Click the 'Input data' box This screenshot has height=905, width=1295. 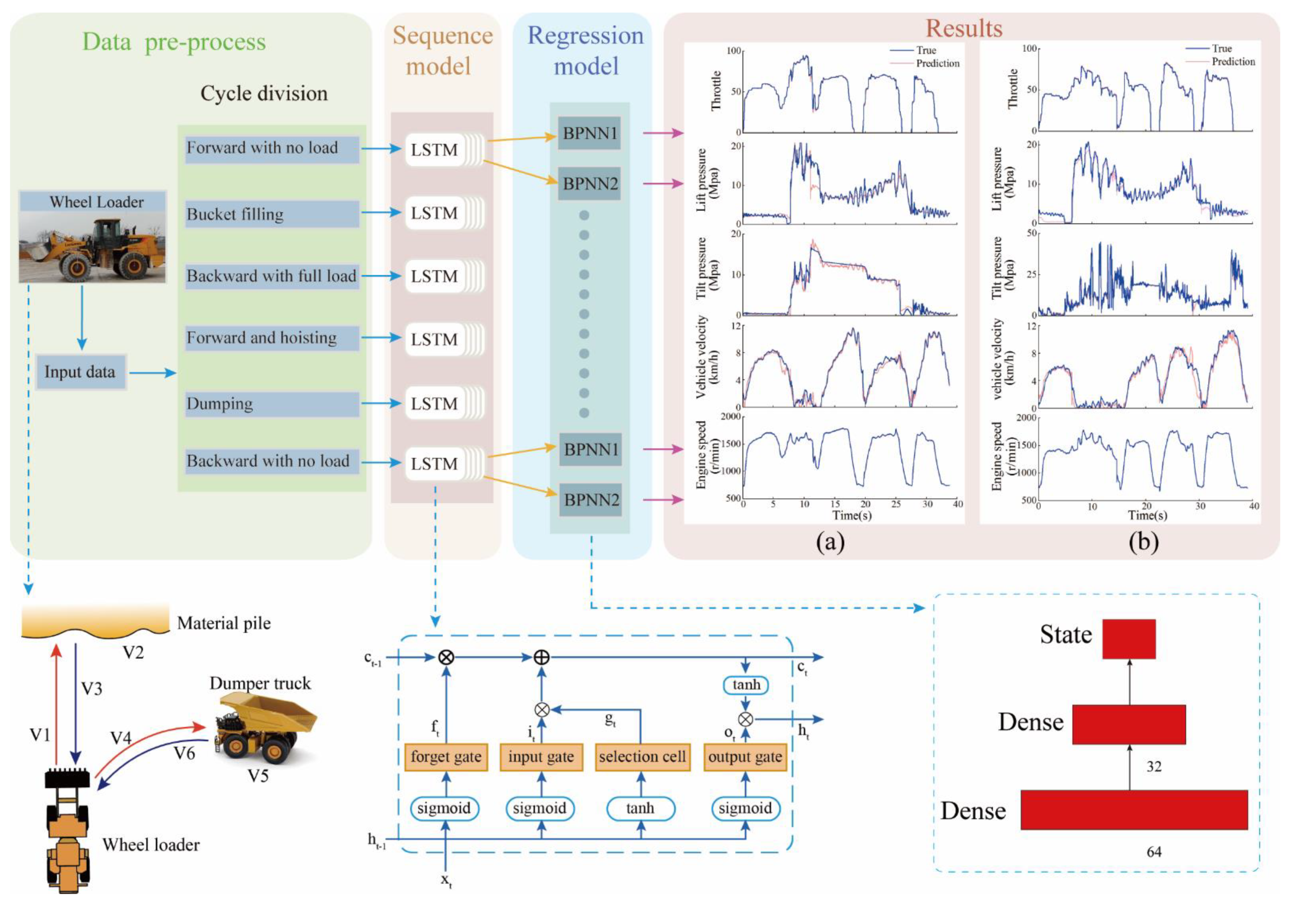click(x=80, y=372)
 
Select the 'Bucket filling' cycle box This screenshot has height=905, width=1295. click(x=272, y=214)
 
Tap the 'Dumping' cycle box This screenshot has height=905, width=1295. click(x=272, y=404)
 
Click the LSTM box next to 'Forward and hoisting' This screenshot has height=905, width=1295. click(x=434, y=339)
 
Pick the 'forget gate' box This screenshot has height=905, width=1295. click(x=445, y=757)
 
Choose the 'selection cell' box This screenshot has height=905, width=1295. click(x=642, y=757)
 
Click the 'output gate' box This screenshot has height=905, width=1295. click(x=745, y=757)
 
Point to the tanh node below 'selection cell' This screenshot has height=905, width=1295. click(x=640, y=808)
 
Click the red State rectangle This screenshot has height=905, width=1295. click(x=1129, y=639)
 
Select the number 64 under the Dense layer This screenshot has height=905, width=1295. click(x=1153, y=852)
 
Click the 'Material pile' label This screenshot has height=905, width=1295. click(x=224, y=623)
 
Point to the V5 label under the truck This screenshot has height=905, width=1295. click(x=258, y=776)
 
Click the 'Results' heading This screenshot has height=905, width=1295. click(x=964, y=28)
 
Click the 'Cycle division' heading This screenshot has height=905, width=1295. click(x=264, y=94)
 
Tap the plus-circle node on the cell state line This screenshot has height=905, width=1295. click(x=541, y=657)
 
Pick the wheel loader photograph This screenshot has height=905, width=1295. click(x=92, y=247)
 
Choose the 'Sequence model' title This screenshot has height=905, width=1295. click(x=442, y=51)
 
